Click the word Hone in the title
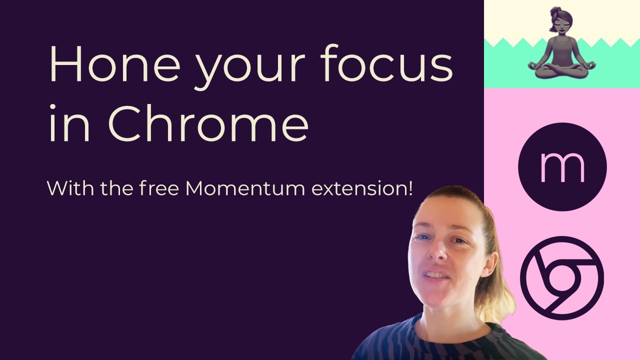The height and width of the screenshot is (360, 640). click(x=115, y=63)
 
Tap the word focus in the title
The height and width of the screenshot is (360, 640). click(x=387, y=62)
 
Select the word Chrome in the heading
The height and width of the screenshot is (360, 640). click(x=208, y=123)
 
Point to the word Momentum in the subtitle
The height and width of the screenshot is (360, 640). click(x=245, y=188)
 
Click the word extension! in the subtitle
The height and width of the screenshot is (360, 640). click(x=362, y=188)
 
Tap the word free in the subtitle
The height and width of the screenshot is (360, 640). click(x=159, y=188)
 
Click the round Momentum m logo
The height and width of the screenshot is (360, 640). click(x=562, y=167)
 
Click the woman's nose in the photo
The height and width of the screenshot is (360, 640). click(x=437, y=251)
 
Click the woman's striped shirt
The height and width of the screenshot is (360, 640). click(x=445, y=343)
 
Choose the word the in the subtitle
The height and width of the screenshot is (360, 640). click(x=116, y=188)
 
